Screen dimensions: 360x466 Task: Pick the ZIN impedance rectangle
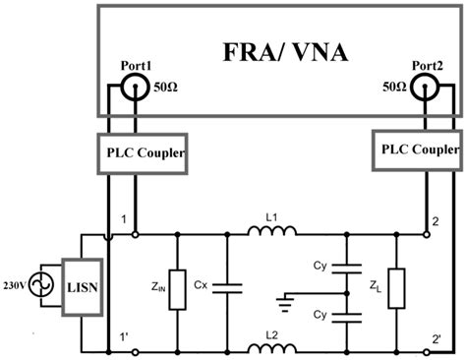[176, 289]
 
